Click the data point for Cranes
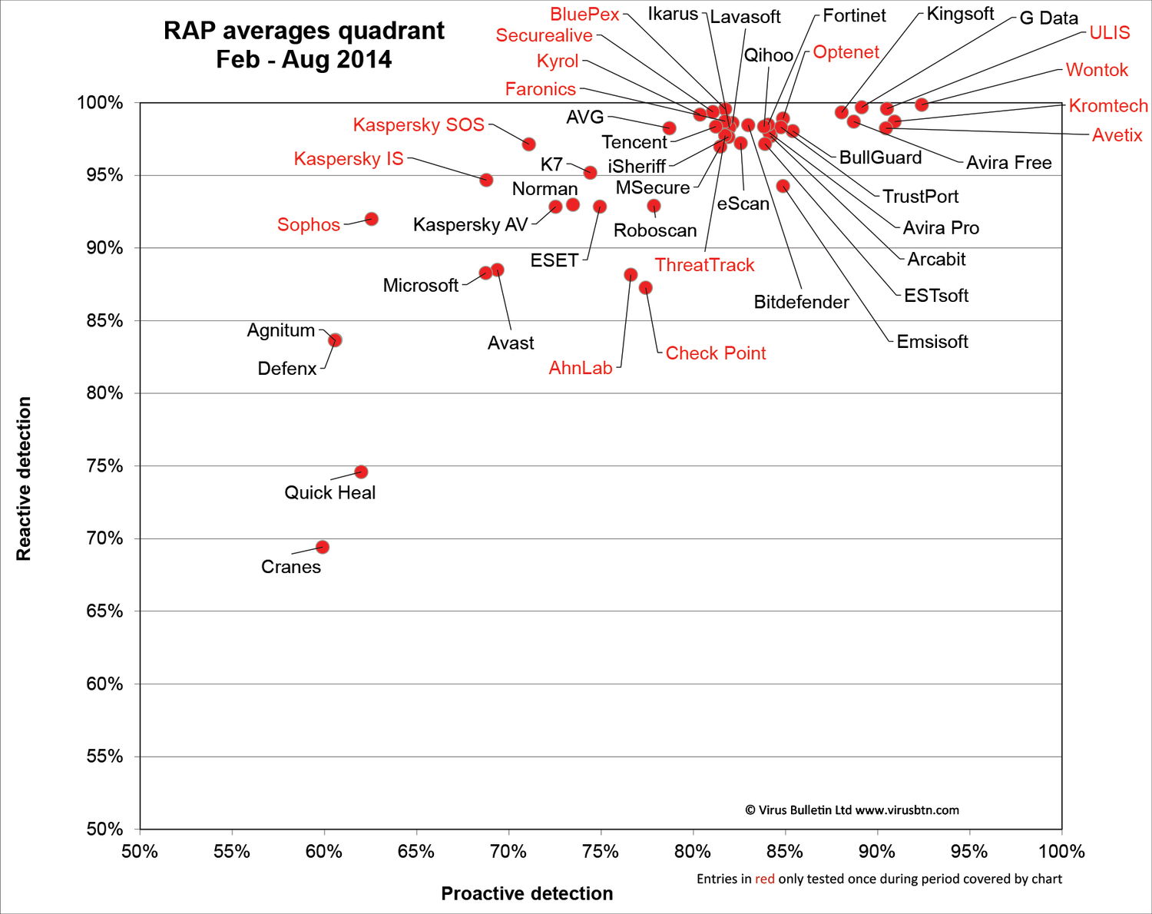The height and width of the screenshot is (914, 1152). tap(323, 547)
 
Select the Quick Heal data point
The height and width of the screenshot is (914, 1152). tap(361, 472)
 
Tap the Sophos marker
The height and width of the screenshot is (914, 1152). tap(372, 219)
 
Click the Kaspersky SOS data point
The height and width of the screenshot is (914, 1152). tap(528, 144)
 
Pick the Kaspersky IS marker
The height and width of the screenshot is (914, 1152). tap(486, 180)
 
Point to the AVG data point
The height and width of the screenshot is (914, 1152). tap(669, 128)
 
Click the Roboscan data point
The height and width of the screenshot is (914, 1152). tap(654, 206)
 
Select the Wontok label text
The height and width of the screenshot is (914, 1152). tap(1097, 70)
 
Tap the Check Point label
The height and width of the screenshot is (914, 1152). tap(715, 353)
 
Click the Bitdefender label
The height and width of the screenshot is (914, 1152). tap(801, 303)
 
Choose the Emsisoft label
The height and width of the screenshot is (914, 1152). tap(932, 342)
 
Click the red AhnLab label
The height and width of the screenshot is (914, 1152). tap(581, 368)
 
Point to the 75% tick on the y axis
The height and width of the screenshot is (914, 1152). tap(104, 466)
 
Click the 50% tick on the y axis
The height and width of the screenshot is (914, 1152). tap(104, 829)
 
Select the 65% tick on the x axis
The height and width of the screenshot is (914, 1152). tap(416, 852)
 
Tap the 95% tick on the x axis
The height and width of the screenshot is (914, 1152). tap(969, 852)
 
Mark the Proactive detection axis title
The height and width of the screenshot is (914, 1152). tap(527, 893)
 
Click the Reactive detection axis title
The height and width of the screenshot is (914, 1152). tap(24, 479)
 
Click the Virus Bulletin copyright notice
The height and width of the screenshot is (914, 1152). tap(852, 810)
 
